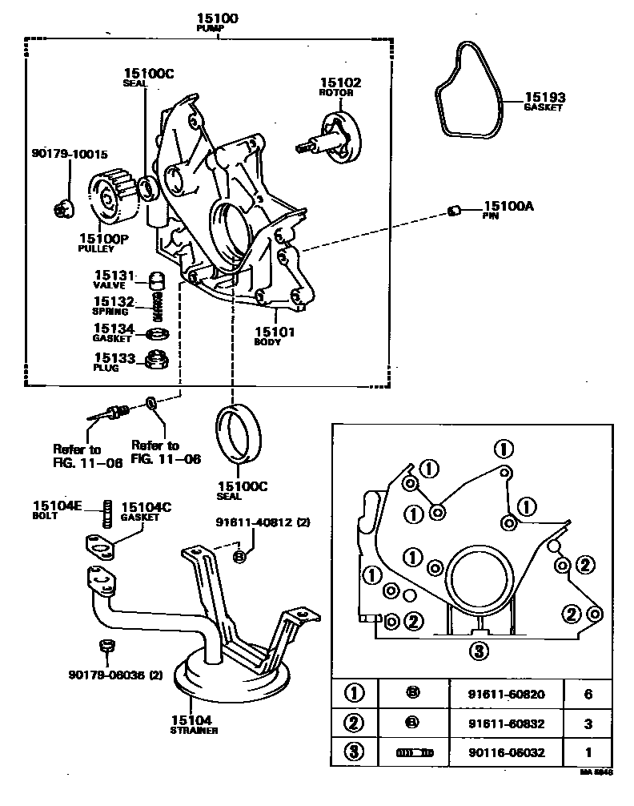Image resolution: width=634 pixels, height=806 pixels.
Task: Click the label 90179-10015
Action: click(x=70, y=154)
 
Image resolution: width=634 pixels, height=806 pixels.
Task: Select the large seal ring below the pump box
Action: click(x=238, y=433)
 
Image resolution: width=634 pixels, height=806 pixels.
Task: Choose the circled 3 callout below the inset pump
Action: click(x=479, y=650)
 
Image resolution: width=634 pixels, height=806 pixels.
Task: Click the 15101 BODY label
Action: click(x=275, y=335)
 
